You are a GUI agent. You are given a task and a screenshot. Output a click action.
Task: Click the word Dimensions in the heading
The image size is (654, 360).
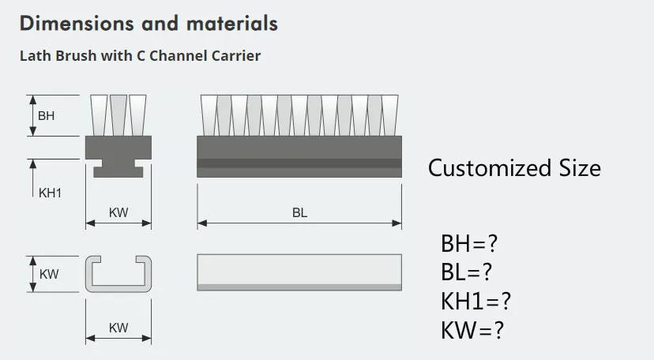click(x=67, y=23)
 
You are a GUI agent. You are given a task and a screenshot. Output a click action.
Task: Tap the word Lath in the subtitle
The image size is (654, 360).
click(x=34, y=56)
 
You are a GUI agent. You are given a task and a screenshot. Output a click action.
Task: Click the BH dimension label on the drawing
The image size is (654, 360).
click(x=47, y=116)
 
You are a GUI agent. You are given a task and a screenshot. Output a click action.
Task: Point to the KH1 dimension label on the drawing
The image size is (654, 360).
click(x=50, y=193)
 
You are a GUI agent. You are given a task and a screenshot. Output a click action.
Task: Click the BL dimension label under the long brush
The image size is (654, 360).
click(x=299, y=212)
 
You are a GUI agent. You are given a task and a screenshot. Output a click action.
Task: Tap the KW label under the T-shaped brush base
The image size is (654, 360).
click(x=118, y=212)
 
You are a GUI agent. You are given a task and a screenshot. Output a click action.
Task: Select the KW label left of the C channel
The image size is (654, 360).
click(x=49, y=274)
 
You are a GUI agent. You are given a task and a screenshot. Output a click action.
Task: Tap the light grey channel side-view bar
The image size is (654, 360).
click(x=299, y=270)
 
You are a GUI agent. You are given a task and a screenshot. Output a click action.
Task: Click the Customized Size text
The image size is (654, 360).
click(x=514, y=168)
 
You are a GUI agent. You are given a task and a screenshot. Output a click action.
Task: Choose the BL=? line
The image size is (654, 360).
click(x=467, y=272)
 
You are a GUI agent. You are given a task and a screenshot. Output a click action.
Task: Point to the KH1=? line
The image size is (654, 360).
click(x=475, y=301)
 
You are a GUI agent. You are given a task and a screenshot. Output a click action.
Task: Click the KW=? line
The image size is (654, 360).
click(x=472, y=329)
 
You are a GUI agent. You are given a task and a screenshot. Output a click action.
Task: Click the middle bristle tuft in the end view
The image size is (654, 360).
click(x=118, y=115)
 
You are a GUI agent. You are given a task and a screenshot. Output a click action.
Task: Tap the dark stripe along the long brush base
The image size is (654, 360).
click(x=299, y=163)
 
